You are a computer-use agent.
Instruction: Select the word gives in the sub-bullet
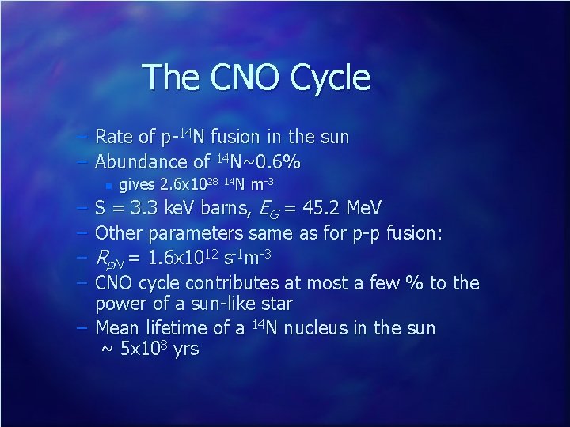click(x=136, y=186)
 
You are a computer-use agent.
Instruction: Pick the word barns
click(x=223, y=209)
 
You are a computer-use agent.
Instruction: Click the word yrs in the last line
click(x=185, y=350)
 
